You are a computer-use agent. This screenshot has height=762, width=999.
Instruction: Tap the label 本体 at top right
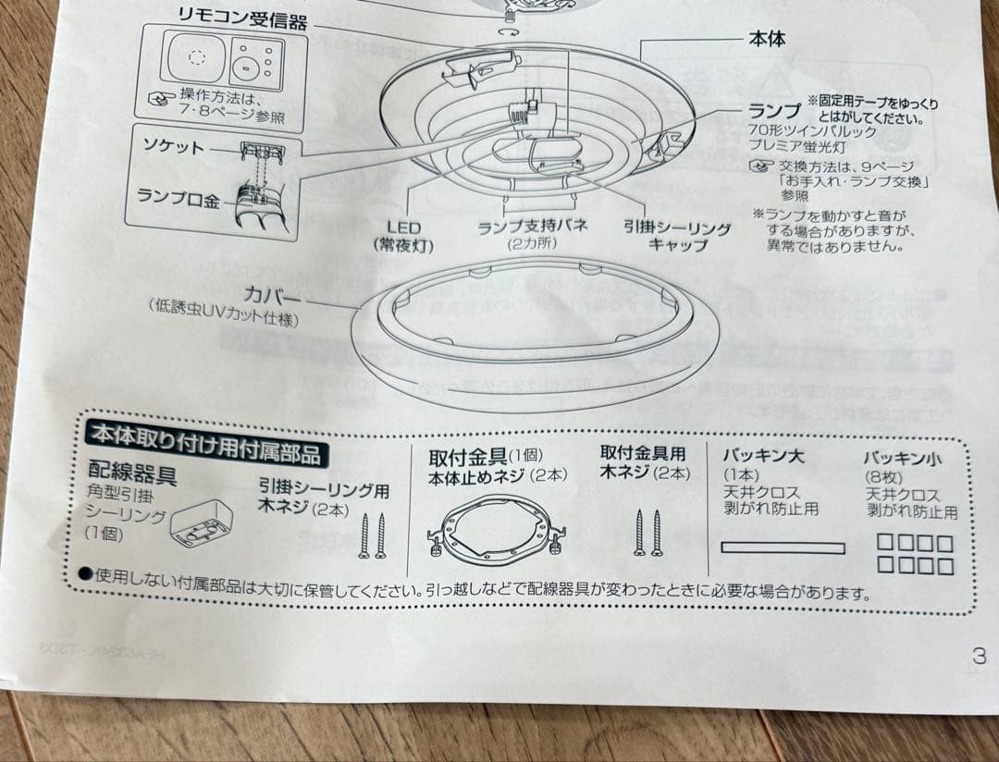point(767,40)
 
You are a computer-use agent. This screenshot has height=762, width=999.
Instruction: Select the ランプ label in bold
point(775,110)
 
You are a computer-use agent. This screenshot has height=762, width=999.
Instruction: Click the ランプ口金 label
point(179,197)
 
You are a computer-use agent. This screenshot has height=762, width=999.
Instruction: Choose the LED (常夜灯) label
point(403,236)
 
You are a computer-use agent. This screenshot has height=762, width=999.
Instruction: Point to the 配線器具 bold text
point(132,474)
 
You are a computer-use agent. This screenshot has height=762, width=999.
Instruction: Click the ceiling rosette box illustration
point(202,522)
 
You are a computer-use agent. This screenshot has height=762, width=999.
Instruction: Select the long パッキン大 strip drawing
point(783,547)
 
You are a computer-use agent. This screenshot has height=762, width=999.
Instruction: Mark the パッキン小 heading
point(903,458)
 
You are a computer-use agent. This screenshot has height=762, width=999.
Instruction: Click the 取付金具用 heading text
point(643,453)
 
